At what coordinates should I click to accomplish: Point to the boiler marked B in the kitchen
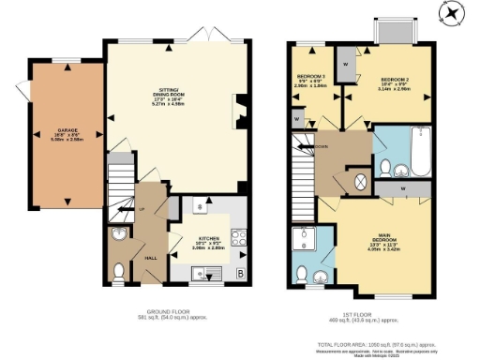tap(242, 274)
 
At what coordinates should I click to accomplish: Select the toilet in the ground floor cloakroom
tap(118, 272)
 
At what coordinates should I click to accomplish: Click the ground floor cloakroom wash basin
tap(118, 235)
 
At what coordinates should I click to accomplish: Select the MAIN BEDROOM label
tap(378, 240)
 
